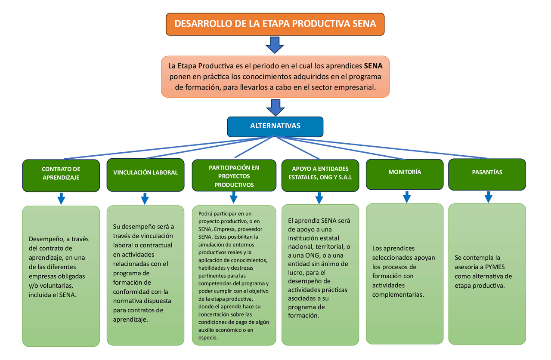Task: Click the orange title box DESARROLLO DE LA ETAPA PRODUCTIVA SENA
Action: pos(275,24)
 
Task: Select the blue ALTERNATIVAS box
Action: pos(275,126)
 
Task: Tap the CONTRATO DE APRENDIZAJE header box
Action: pos(61,173)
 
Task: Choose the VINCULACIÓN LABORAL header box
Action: pos(145,172)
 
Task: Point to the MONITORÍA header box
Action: pos(404,172)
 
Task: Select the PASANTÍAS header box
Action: pos(487,172)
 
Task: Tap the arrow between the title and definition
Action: pos(274,45)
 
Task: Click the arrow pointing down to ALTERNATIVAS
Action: pos(274,107)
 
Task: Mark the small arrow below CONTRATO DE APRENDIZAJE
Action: pos(61,199)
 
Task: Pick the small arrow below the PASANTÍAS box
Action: pos(488,197)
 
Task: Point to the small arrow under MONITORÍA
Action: pos(406,197)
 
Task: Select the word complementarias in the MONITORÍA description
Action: pos(398,295)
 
